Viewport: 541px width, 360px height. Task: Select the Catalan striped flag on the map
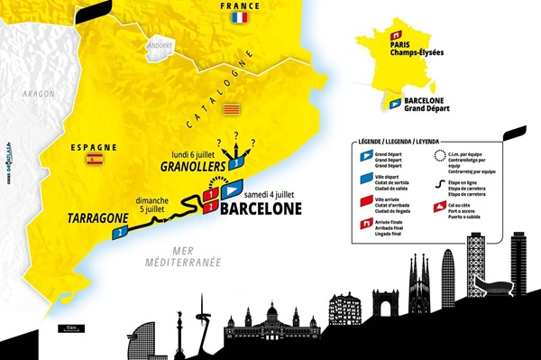click(x=229, y=103)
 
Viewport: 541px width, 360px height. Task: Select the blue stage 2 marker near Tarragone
click(x=116, y=232)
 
